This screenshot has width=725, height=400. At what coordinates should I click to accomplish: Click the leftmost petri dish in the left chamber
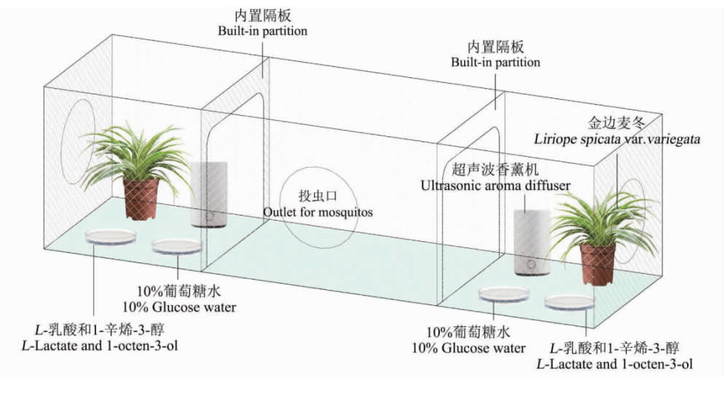click(111, 236)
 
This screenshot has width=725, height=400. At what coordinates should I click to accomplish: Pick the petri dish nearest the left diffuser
click(177, 246)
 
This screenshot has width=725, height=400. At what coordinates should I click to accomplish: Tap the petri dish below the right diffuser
click(503, 294)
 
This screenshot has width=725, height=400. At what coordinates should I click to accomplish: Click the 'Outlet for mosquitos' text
click(318, 212)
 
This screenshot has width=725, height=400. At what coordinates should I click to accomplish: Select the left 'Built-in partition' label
click(262, 31)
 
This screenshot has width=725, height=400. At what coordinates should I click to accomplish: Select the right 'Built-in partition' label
click(495, 63)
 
